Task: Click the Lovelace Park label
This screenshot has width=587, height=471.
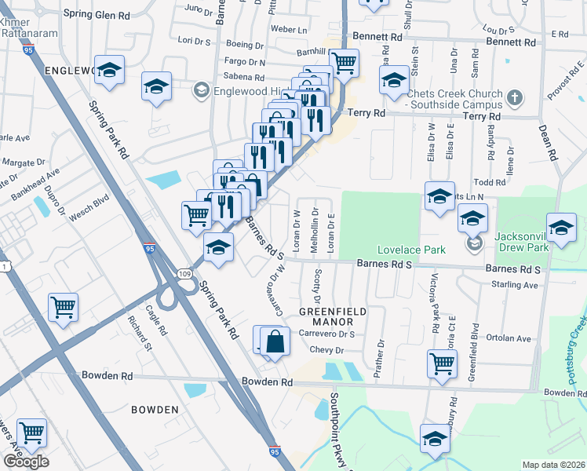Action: click(411, 250)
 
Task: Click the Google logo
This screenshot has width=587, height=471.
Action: click(26, 462)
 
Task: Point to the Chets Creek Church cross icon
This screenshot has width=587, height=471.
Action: click(514, 98)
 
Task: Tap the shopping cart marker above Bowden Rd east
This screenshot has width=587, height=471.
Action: click(443, 363)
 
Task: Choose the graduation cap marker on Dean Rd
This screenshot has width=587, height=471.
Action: click(561, 228)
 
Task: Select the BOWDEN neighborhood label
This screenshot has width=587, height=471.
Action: click(155, 410)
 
